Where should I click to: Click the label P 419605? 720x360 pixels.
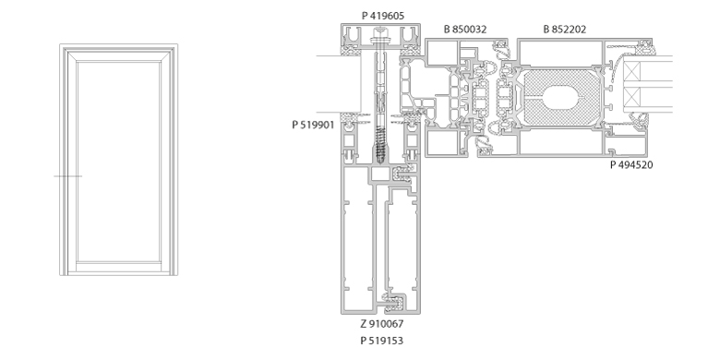pyautogui.click(x=383, y=16)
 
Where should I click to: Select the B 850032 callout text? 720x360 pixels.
pyautogui.click(x=465, y=30)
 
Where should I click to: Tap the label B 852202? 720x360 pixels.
pyautogui.click(x=565, y=30)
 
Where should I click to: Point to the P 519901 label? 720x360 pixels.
pyautogui.click(x=313, y=125)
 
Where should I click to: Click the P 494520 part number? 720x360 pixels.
pyautogui.click(x=631, y=165)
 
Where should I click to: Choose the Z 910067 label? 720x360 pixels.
pyautogui.click(x=382, y=324)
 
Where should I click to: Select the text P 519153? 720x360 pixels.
pyautogui.click(x=382, y=341)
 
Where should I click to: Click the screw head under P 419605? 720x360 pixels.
pyautogui.click(x=380, y=32)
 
